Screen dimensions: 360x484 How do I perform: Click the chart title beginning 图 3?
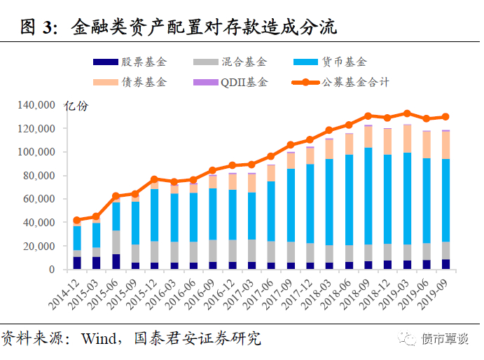(179, 27)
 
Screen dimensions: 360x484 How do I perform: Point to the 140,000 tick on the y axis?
(36, 105)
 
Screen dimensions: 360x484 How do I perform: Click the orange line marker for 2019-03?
(407, 113)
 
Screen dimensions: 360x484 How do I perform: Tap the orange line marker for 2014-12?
(77, 220)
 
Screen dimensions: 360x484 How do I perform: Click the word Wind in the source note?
(100, 339)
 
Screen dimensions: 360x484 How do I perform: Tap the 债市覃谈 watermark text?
(443, 340)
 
